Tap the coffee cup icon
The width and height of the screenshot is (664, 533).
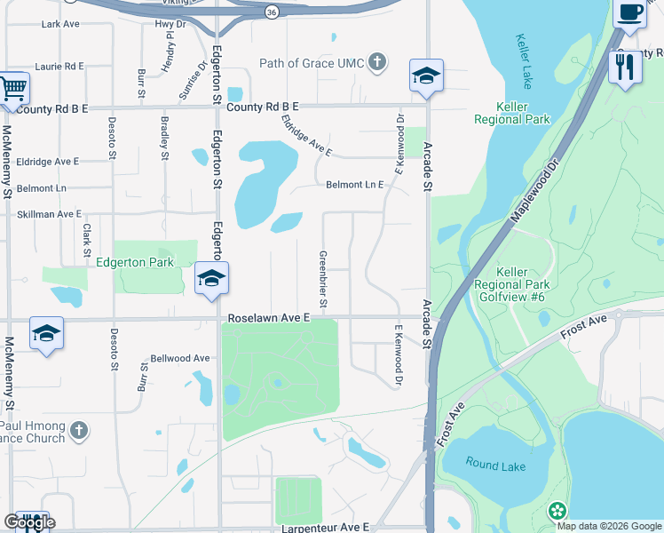coord(629,12)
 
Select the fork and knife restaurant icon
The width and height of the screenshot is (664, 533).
coord(625,66)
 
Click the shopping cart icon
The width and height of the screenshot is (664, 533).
coord(12,89)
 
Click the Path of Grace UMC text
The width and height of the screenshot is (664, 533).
coord(311,62)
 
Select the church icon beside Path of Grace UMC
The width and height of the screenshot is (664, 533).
coord(377,62)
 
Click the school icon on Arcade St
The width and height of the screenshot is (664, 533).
coord(426,76)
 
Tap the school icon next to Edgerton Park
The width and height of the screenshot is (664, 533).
coord(211,279)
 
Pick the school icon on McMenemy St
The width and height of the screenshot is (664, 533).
coord(46,333)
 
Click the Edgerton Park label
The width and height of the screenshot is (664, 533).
coord(135,262)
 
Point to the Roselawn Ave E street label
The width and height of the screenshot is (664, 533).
coord(269,316)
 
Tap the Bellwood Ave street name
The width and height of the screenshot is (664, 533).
coord(180,358)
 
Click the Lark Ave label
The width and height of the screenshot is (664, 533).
coord(60,24)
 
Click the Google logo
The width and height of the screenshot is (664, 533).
coord(28,522)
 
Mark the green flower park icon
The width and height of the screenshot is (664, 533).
coord(557,511)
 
